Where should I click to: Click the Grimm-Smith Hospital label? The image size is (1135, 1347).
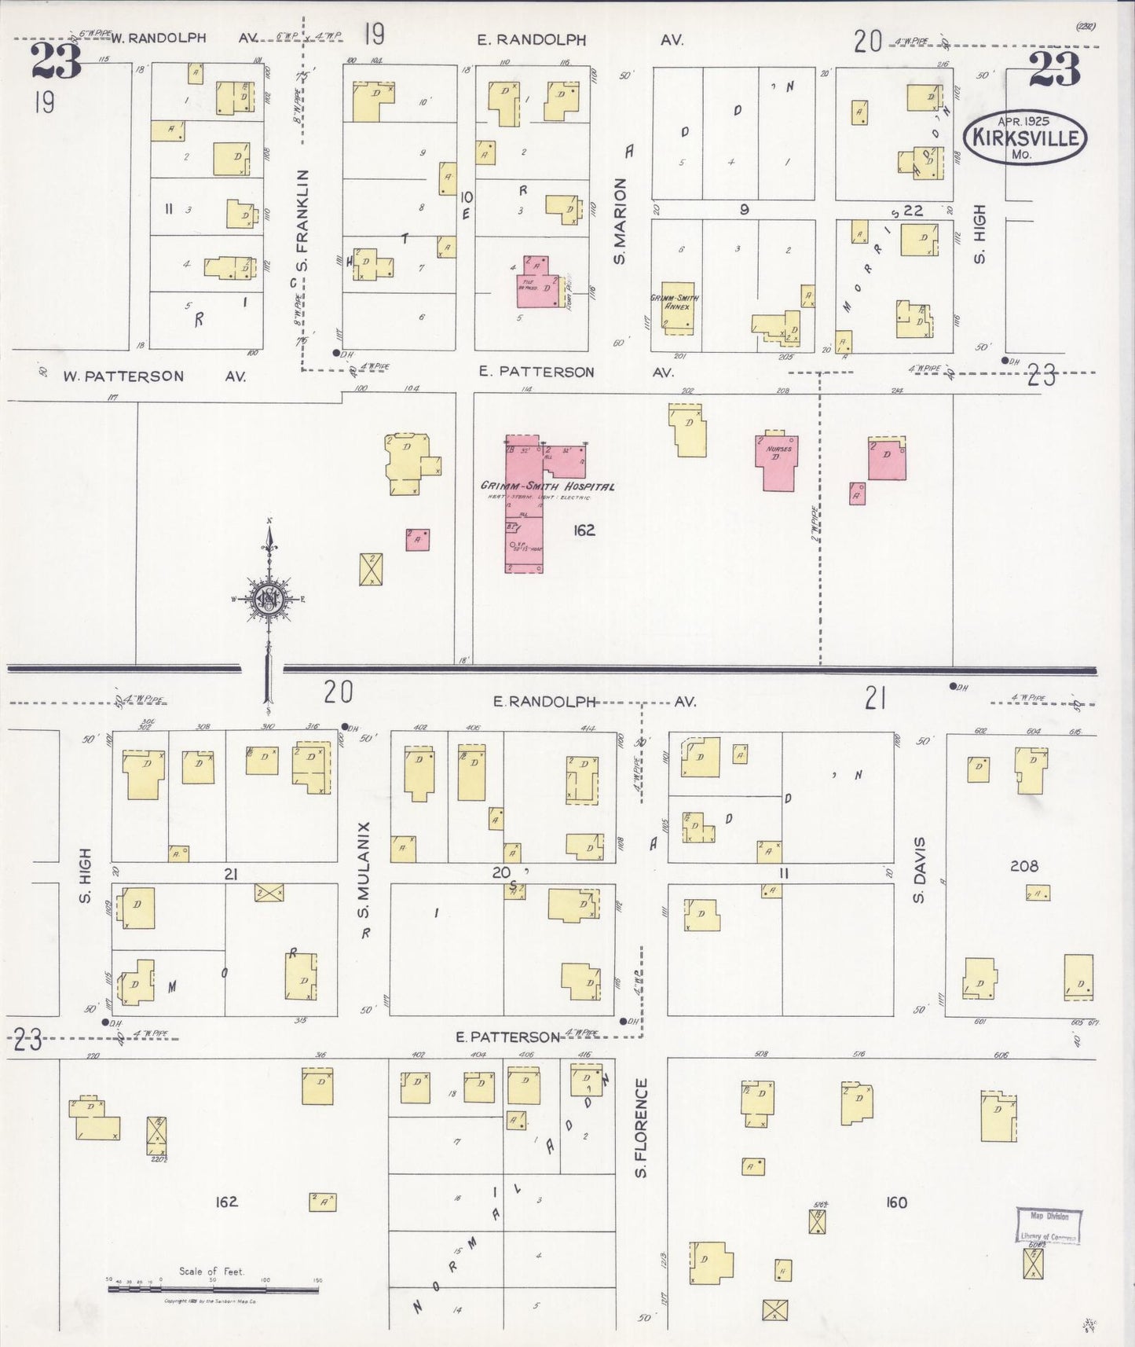547,486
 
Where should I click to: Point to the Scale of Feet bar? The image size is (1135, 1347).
213,1282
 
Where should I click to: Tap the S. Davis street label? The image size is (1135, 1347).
920,871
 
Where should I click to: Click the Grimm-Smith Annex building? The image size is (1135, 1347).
676,307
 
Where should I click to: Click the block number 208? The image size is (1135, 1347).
1023,866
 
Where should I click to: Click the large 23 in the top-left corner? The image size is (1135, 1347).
57,61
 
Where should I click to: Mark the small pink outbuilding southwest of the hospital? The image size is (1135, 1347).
417,540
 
